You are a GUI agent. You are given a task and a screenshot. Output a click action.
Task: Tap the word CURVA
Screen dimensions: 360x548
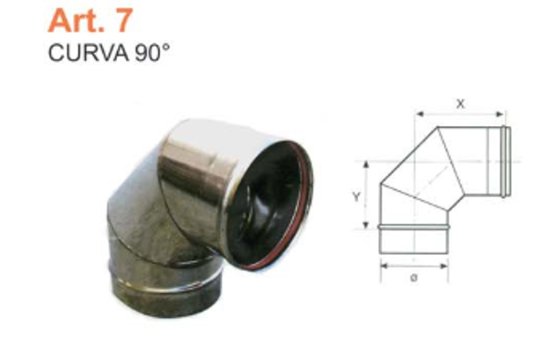[x=79, y=51]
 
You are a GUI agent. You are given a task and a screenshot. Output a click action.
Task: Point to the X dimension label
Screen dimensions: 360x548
[x=461, y=104]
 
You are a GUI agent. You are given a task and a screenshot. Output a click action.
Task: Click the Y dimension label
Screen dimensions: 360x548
[x=359, y=196]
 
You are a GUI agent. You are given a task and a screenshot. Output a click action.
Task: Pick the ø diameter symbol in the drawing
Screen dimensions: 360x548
[x=414, y=277]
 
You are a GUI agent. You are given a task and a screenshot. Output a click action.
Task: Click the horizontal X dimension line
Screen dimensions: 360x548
[x=461, y=115]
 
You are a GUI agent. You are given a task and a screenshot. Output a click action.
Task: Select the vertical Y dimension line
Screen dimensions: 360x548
[x=368, y=196]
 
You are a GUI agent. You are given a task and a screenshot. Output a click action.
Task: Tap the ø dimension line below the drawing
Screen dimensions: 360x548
[x=414, y=267]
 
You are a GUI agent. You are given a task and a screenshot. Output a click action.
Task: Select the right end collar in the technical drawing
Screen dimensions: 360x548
[x=504, y=162]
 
